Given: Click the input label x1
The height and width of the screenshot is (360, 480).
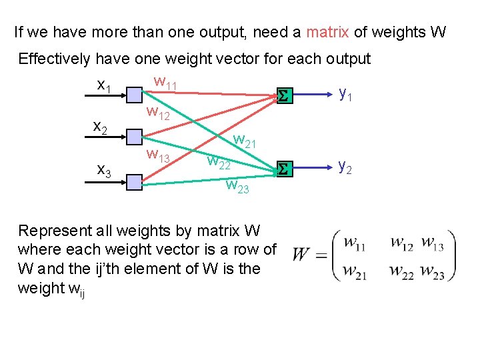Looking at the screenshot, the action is (x=103, y=87).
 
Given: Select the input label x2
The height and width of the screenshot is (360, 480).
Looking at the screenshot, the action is (x=101, y=127).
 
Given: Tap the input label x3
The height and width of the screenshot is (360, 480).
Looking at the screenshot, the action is (x=105, y=171).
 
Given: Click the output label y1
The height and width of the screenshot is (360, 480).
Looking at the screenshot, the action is (x=346, y=95).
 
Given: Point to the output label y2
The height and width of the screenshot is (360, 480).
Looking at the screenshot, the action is (x=346, y=165).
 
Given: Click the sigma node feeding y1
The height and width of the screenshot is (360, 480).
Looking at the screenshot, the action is (x=283, y=97).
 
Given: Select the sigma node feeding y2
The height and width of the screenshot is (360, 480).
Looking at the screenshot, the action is (x=283, y=169).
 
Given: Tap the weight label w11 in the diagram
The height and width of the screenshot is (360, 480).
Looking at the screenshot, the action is (x=165, y=83).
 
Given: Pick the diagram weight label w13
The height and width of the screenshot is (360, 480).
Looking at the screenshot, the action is (x=158, y=157).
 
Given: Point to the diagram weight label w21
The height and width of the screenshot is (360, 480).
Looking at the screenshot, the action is (x=244, y=141).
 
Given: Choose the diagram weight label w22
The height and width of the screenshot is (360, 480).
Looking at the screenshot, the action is (x=219, y=161).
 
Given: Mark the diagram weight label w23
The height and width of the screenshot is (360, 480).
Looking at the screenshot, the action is (x=237, y=186).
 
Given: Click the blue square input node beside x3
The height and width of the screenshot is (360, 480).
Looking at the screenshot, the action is (x=135, y=181).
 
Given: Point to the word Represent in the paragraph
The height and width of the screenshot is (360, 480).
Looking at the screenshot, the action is (x=54, y=231).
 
